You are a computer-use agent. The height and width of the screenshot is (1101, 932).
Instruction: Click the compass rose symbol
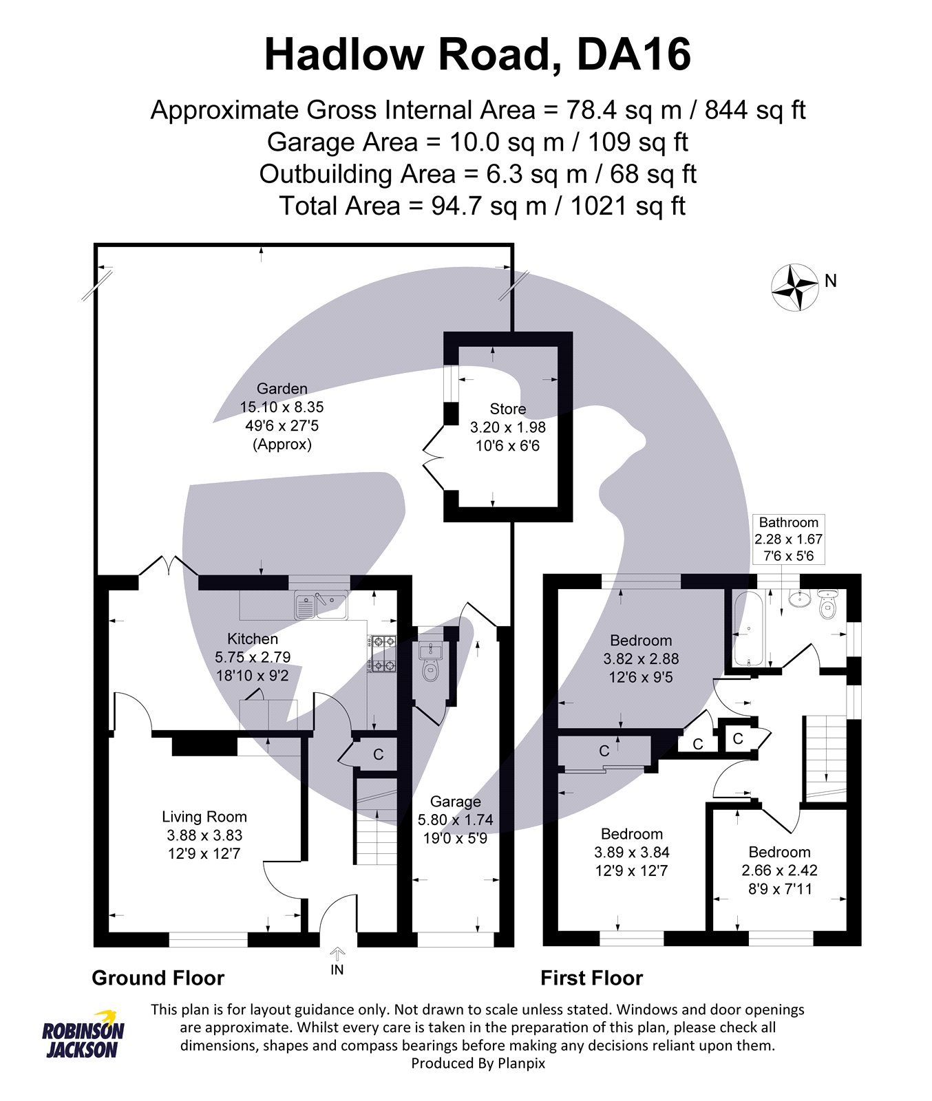795,287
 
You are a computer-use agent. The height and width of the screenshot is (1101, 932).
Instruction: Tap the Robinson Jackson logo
83,1036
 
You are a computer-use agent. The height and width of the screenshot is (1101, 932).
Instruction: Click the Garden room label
282,389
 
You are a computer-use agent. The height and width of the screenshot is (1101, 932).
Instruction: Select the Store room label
508,409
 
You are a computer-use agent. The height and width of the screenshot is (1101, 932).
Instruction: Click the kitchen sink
321,605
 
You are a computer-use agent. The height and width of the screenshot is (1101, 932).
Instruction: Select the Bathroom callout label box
788,539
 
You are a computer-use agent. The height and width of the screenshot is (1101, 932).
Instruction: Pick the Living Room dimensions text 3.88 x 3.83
204,835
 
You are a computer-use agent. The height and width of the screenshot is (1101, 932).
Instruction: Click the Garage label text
456,802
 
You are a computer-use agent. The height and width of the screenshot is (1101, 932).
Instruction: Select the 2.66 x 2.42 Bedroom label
779,870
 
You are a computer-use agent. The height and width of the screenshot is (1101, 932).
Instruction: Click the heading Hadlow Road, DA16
477,55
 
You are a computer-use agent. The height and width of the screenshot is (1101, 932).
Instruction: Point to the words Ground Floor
158,978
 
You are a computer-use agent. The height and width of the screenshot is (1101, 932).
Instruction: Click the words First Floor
591,978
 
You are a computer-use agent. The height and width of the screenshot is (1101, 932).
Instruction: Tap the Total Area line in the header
482,206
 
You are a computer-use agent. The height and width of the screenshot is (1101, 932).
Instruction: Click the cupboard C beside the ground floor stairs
378,754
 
